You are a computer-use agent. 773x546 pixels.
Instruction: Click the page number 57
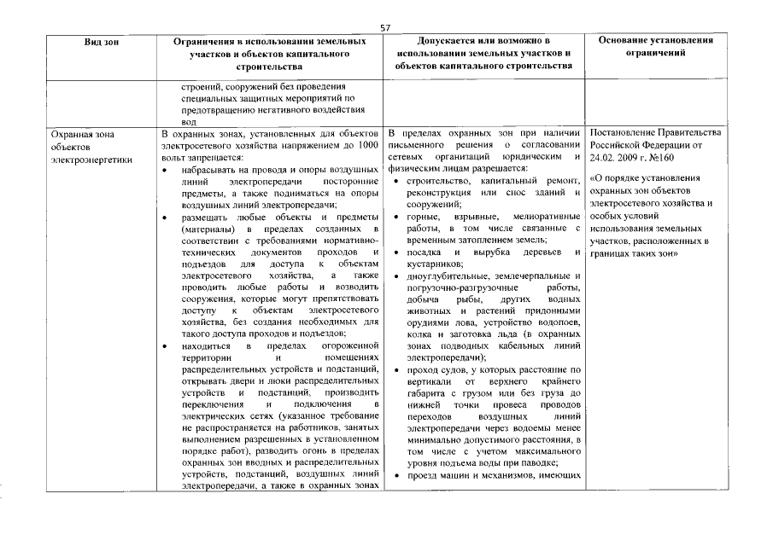pos(385,28)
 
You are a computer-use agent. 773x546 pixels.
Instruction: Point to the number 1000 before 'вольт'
pos(367,146)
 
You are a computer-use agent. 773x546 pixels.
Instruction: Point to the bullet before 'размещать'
pos(165,218)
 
